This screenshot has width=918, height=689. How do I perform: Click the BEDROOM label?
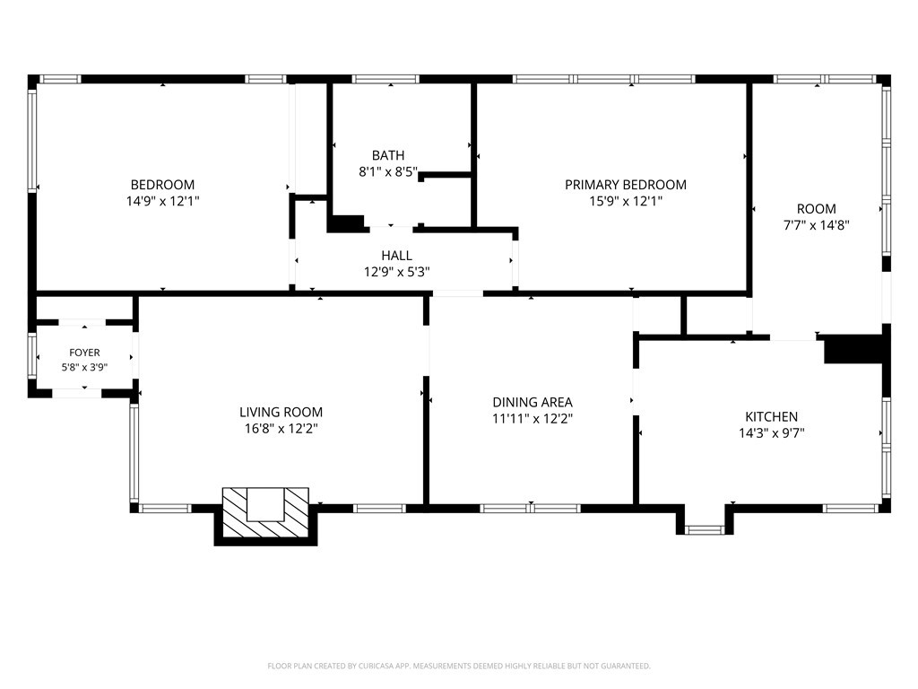click(x=162, y=185)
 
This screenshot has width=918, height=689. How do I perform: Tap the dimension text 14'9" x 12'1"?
click(x=163, y=201)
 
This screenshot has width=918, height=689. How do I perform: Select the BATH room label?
click(x=388, y=155)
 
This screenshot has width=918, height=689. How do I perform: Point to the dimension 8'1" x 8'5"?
click(x=388, y=171)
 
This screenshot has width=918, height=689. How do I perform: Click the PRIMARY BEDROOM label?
click(x=625, y=185)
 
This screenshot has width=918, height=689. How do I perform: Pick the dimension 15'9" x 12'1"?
click(x=625, y=201)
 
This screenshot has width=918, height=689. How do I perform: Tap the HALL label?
click(x=396, y=256)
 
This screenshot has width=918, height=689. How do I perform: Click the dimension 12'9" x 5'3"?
click(x=396, y=272)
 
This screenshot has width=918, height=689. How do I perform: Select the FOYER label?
click(x=84, y=353)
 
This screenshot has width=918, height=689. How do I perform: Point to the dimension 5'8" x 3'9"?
click(x=84, y=367)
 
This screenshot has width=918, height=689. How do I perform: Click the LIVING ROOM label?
click(x=281, y=412)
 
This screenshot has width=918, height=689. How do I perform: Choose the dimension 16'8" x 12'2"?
click(x=281, y=428)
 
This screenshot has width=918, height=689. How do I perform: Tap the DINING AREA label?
click(x=533, y=403)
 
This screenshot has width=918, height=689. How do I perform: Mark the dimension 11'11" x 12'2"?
click(x=533, y=419)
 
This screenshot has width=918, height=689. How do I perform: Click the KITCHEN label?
click(x=771, y=416)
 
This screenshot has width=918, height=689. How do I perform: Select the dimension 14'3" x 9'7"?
click(x=771, y=433)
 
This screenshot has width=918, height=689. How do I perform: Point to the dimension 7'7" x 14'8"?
click(x=816, y=225)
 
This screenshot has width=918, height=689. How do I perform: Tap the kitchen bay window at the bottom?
click(x=705, y=529)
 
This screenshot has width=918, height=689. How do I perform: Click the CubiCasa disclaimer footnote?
click(x=459, y=666)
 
